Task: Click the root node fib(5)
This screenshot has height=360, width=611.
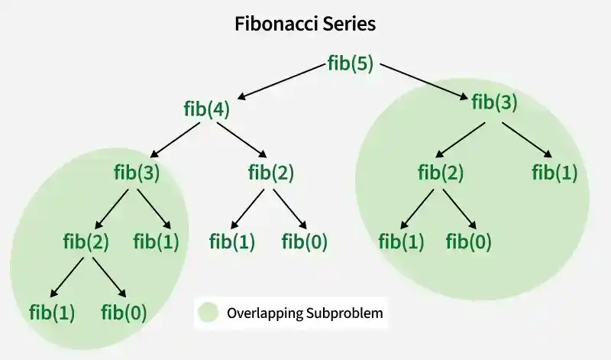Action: click(x=351, y=63)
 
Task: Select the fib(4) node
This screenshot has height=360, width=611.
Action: click(x=206, y=109)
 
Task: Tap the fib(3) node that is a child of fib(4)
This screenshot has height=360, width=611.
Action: click(x=137, y=173)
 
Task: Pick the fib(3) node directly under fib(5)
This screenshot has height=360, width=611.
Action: click(x=494, y=102)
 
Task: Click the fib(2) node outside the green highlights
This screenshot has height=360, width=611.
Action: click(x=271, y=173)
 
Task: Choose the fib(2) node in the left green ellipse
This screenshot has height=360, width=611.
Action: click(x=86, y=242)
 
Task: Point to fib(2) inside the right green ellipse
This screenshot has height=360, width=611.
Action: click(x=441, y=173)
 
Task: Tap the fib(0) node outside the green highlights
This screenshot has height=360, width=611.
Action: click(x=304, y=242)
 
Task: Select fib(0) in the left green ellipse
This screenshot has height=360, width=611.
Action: click(x=124, y=313)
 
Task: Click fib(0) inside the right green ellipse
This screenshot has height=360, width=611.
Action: click(x=468, y=242)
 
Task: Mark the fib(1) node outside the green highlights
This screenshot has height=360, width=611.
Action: click(x=232, y=242)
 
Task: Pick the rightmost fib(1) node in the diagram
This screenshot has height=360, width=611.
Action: click(x=554, y=173)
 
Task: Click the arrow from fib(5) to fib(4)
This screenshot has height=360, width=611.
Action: click(x=281, y=82)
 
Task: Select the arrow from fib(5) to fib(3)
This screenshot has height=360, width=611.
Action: click(x=424, y=82)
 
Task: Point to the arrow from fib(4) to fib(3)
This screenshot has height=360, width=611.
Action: click(x=175, y=140)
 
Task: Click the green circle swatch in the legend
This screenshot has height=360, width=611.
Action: click(x=208, y=313)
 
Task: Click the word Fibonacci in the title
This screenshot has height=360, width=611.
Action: click(x=276, y=24)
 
